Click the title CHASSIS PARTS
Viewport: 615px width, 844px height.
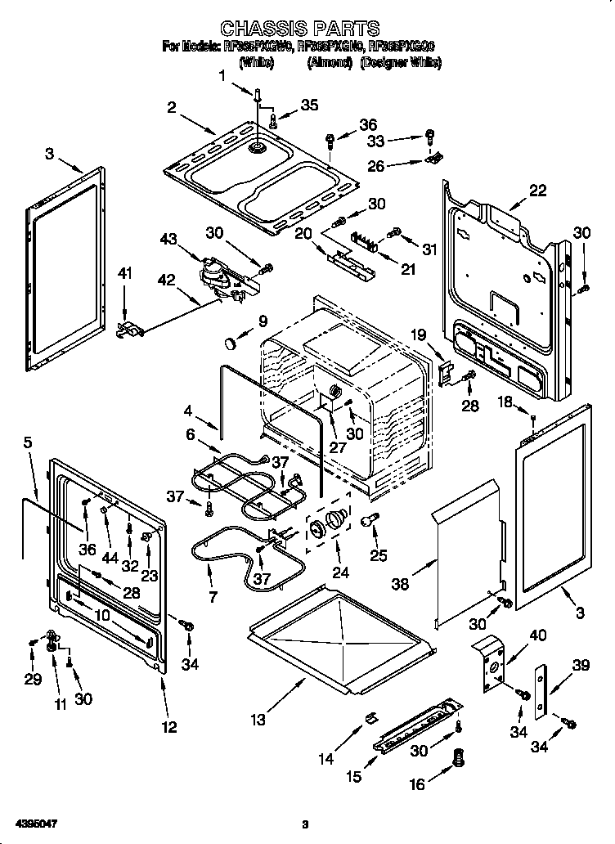301,31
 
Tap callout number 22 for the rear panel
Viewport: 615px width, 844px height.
536,191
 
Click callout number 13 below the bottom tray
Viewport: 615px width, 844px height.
258,720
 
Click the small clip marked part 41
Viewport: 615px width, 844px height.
129,329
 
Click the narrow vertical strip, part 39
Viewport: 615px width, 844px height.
541,692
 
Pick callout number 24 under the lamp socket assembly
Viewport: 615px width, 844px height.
339,572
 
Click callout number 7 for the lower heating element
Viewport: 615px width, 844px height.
213,597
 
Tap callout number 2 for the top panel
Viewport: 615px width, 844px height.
172,107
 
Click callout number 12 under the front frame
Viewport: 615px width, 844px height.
168,727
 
